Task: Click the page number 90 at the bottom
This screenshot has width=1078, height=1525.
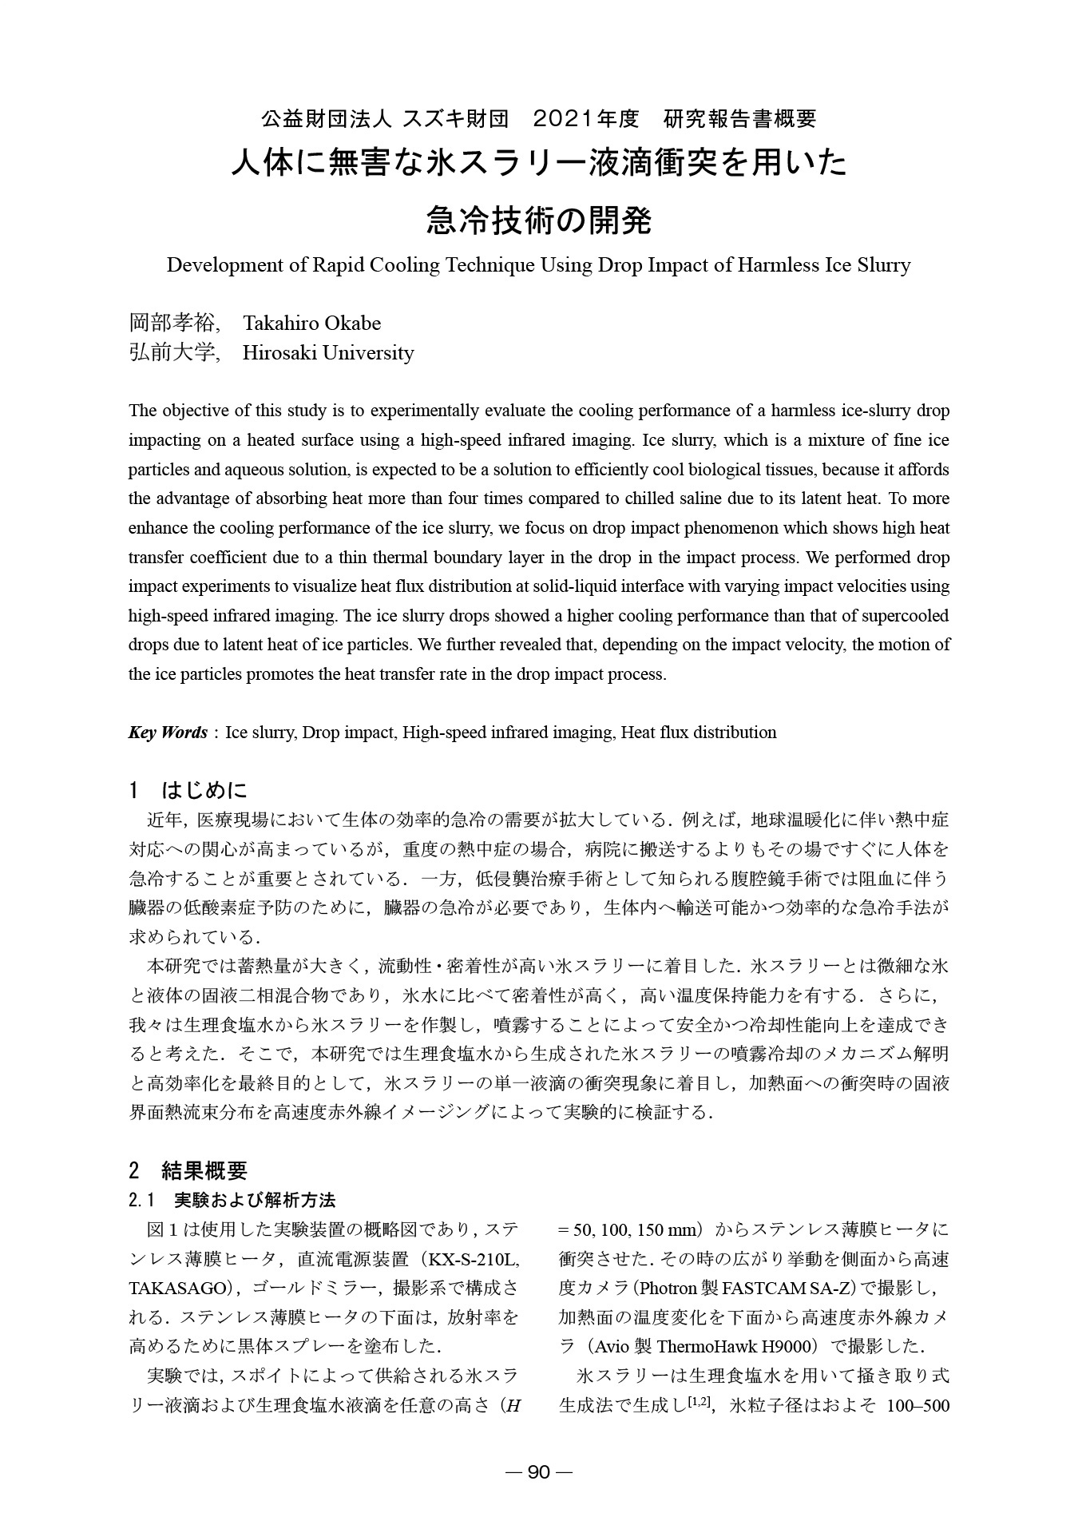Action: pos(539,1472)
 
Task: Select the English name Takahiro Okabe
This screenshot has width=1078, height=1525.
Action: pos(311,323)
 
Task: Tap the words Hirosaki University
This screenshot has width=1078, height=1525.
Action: pos(328,352)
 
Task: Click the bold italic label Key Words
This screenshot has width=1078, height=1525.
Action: pos(168,732)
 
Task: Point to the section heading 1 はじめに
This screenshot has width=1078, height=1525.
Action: pos(188,790)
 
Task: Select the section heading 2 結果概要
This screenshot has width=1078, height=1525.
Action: pos(188,1170)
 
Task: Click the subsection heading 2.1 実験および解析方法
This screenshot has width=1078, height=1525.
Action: pos(232,1200)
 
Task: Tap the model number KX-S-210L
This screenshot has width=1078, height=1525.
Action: pos(474,1260)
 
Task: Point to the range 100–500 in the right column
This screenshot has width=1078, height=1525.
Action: pos(918,1404)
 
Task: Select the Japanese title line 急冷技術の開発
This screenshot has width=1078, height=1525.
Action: pos(539,220)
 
